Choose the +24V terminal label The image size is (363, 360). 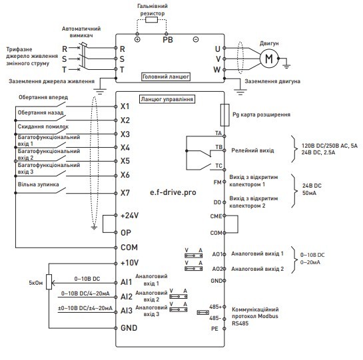129,216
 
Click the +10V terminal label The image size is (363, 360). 129,263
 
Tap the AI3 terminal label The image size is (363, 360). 125,311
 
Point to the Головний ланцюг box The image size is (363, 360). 166,77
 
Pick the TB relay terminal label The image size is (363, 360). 217,147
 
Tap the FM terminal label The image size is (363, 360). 216,182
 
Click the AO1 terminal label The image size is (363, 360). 216,254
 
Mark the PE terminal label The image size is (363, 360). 215,328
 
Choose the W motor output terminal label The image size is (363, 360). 217,69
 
